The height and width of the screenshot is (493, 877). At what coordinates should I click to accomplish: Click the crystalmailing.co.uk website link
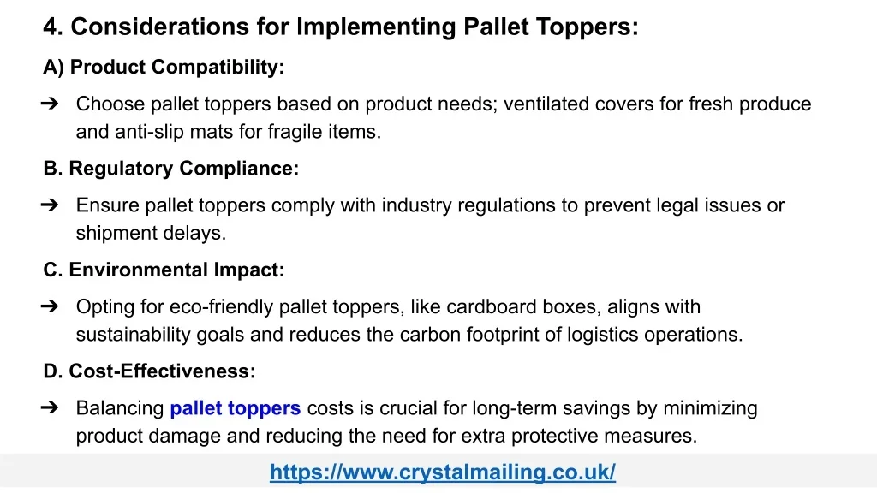tap(443, 472)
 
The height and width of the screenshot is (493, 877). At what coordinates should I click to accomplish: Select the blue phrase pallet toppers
tap(236, 408)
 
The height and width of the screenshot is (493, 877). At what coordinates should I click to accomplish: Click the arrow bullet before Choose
tap(50, 104)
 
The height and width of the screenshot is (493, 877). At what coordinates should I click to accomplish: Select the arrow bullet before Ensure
tap(50, 205)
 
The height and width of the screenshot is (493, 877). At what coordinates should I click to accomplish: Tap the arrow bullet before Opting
tap(50, 306)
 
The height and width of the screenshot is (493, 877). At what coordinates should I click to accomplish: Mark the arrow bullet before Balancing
tap(50, 408)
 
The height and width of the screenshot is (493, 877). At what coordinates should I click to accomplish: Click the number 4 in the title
tap(52, 27)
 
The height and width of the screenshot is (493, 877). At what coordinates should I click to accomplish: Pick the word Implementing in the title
tap(377, 27)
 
